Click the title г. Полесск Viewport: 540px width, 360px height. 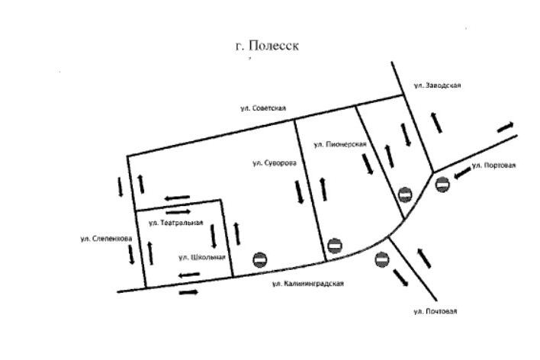coord(266,46)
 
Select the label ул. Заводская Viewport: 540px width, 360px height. coord(437,86)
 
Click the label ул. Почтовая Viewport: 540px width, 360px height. coord(435,311)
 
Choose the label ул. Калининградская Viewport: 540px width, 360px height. coord(308,284)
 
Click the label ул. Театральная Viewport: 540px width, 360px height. coord(175,223)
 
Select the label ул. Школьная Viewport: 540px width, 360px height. coord(201,257)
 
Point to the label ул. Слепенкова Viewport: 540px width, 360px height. coord(107,239)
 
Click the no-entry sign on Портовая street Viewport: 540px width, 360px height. coord(442,183)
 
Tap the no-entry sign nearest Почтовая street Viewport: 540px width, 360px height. coord(383,260)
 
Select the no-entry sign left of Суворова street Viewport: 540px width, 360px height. coord(260,260)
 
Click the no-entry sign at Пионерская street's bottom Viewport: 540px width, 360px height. coord(333,246)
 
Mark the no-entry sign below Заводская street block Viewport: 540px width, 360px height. coord(405,194)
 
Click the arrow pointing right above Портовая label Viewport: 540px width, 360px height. coord(506,127)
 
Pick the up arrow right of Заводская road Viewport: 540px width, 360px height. coord(437,121)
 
